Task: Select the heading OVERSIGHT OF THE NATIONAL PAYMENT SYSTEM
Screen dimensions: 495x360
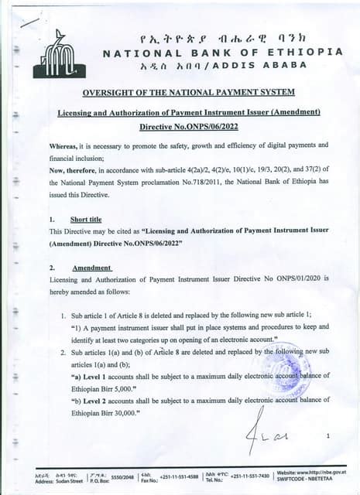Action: click(x=189, y=93)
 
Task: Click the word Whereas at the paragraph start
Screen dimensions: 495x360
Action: click(x=67, y=145)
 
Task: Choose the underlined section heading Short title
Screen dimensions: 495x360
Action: click(x=86, y=220)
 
